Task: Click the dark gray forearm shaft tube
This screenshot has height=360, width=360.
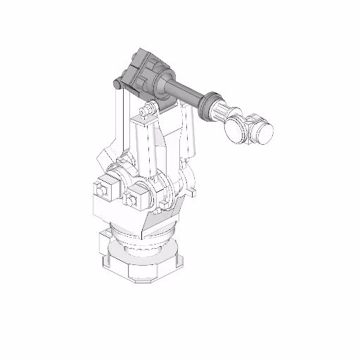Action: (187, 91)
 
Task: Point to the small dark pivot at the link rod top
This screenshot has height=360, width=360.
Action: (117, 84)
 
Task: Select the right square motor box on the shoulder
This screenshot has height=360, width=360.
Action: (134, 197)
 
